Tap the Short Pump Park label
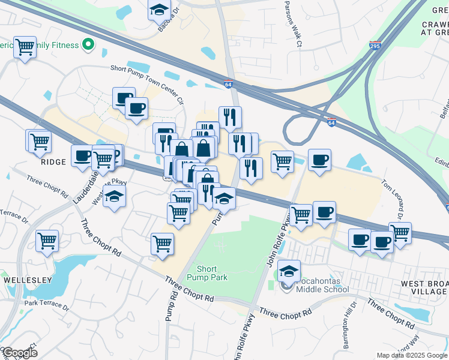click(x=207, y=273)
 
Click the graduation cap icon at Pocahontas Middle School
click(x=289, y=271)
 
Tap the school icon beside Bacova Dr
click(x=160, y=10)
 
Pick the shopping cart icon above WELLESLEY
click(x=47, y=241)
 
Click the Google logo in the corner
click(x=19, y=352)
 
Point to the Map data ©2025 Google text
click(x=412, y=355)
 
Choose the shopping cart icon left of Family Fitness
click(x=25, y=46)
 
